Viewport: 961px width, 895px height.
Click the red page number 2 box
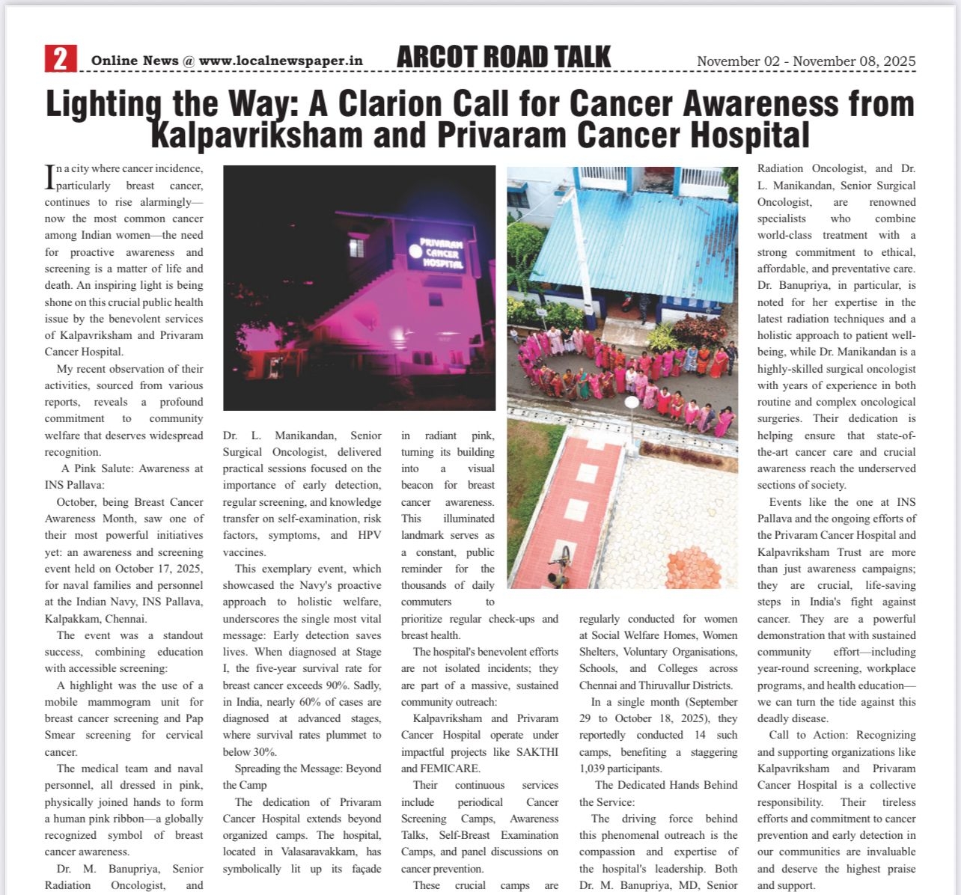click(61, 58)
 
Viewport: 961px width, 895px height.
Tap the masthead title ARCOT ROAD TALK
click(504, 57)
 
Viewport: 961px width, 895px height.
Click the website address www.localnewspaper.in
click(281, 61)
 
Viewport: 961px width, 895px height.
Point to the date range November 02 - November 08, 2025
click(806, 61)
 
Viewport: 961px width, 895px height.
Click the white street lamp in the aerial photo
click(632, 404)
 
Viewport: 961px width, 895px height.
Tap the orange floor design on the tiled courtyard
click(693, 566)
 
